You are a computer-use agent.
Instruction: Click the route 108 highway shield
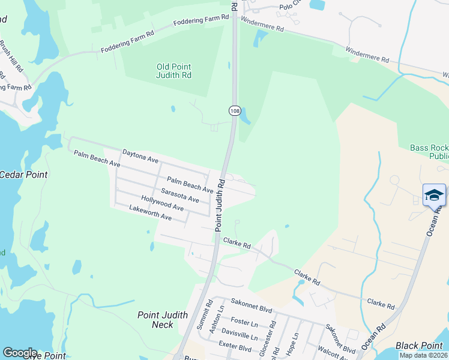click(234, 110)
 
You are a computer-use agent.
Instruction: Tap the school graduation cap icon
click(434, 195)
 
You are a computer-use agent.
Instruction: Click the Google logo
click(20, 353)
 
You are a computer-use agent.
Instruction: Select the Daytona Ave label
click(140, 157)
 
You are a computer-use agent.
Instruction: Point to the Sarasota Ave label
click(179, 195)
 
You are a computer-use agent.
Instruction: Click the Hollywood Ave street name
click(162, 203)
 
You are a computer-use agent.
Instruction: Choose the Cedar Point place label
click(23, 175)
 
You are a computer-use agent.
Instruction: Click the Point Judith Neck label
click(163, 320)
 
